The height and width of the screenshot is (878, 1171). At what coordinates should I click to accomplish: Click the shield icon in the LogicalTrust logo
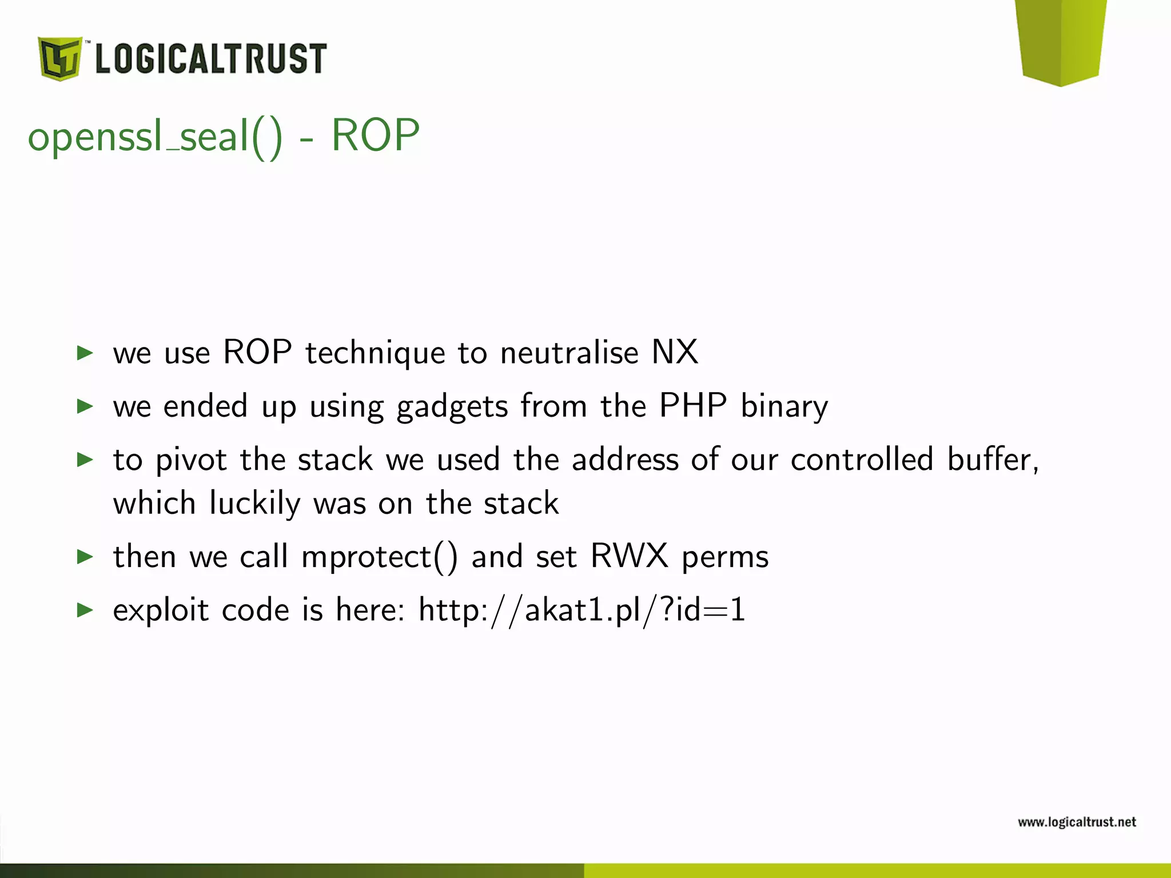[59, 58]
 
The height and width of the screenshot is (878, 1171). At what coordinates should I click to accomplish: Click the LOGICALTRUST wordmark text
[210, 58]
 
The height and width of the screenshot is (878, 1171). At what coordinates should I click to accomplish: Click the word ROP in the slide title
[375, 136]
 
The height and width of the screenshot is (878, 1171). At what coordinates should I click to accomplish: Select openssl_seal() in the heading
[155, 137]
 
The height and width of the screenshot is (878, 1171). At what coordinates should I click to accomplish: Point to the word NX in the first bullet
[675, 352]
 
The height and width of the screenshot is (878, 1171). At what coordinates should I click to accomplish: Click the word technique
[375, 353]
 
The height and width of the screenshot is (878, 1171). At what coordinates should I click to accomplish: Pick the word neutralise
[569, 352]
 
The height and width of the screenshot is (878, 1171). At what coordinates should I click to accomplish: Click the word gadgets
[452, 407]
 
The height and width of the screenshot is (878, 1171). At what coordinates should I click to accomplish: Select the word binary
[784, 407]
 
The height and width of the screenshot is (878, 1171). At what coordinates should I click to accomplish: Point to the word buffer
[992, 459]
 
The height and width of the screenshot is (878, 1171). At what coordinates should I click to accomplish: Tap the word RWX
[629, 556]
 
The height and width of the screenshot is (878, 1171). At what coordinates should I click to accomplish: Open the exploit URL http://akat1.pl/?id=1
[582, 610]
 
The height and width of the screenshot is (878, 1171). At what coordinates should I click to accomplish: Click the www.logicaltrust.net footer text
[1077, 822]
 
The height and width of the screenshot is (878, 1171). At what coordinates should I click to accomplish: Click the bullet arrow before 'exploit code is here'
[85, 610]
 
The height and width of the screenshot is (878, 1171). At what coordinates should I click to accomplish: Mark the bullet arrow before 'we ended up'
[85, 406]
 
